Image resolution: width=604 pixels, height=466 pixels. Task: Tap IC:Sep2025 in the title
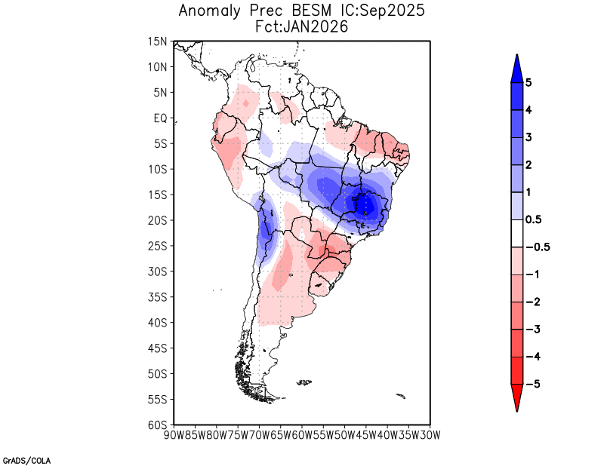(x=382, y=11)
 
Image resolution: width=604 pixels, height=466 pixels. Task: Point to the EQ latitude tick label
(x=160, y=118)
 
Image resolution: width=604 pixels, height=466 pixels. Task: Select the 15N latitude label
(x=158, y=41)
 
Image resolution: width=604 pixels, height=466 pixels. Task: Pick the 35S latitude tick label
(x=158, y=297)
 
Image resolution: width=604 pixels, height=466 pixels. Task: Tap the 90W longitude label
(x=174, y=435)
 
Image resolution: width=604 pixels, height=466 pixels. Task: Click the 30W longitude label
(x=430, y=435)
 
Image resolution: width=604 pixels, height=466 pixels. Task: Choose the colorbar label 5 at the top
(x=529, y=83)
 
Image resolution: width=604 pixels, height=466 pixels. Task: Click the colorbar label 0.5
(x=534, y=220)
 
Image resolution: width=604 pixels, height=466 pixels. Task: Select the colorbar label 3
(x=529, y=137)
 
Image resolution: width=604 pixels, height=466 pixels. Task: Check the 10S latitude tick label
(x=158, y=170)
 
